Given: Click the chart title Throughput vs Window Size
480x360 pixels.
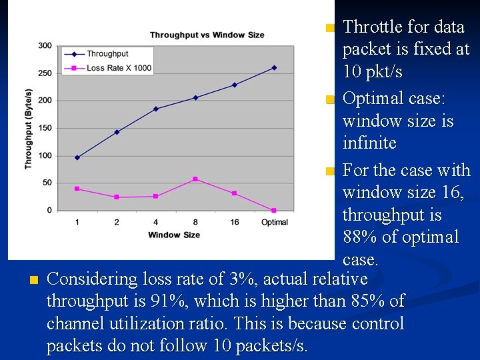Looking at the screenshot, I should tap(207, 35).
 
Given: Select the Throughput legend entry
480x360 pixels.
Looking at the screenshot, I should tap(107, 54).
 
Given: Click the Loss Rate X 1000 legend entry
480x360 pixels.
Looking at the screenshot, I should tap(119, 67).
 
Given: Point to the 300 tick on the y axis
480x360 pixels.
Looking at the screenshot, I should tap(45, 45).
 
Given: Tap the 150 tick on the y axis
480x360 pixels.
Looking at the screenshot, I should tap(45, 128).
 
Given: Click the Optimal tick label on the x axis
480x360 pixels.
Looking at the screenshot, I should tap(274, 222).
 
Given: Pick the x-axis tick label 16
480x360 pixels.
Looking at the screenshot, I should tap(234, 222).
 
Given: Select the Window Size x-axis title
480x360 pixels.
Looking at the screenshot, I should tap(174, 235).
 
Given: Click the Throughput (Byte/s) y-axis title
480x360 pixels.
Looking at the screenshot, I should tap(29, 128).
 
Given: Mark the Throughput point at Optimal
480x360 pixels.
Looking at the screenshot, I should tap(274, 67).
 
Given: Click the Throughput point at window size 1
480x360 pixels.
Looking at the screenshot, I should tap(77, 157).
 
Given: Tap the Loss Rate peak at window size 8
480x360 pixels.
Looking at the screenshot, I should tap(195, 179).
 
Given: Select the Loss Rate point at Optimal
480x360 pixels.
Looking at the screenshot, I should tap(274, 210).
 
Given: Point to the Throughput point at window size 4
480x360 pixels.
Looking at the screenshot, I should tap(156, 109).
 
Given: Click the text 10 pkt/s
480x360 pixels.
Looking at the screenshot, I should tap(372, 71).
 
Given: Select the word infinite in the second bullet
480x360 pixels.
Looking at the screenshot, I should tap(369, 143).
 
